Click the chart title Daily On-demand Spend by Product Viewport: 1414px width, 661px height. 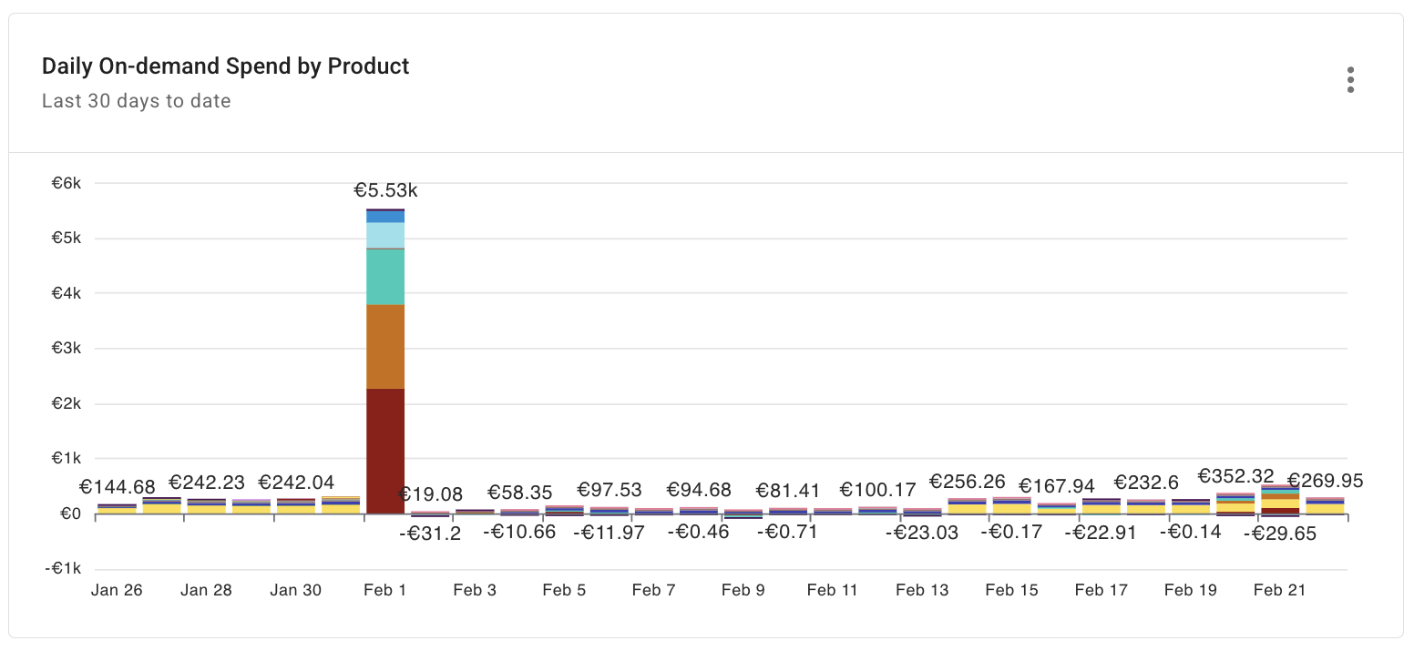[225, 66]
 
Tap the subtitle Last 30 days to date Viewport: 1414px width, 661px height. [136, 101]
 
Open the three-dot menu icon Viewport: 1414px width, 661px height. [1350, 80]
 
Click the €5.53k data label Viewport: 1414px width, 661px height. [385, 190]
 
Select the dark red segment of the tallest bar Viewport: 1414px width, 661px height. [385, 451]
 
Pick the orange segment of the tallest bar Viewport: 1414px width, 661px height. [385, 347]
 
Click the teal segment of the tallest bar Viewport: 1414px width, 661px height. [385, 277]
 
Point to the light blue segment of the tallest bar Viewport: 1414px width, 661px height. [385, 236]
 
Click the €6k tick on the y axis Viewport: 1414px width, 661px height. [67, 183]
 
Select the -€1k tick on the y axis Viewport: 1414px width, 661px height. [64, 569]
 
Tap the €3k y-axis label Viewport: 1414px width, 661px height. [67, 349]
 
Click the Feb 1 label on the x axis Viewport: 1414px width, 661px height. [384, 590]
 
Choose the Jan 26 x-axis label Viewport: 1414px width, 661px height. [117, 590]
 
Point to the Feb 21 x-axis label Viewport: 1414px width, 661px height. [1280, 590]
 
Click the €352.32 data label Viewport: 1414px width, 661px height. [1235, 476]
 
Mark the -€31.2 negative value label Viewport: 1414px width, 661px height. [430, 534]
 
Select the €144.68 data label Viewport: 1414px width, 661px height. [117, 487]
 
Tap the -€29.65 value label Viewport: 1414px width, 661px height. [1280, 534]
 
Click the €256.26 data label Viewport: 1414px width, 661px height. [967, 481]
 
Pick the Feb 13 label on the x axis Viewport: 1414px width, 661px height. [922, 590]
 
